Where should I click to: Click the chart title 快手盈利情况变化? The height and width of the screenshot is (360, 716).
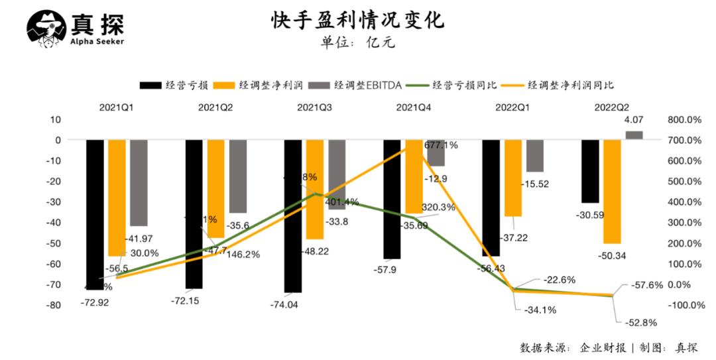click(x=357, y=20)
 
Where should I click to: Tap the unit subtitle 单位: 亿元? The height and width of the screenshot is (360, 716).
click(x=358, y=43)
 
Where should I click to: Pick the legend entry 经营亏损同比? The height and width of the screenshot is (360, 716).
click(x=465, y=85)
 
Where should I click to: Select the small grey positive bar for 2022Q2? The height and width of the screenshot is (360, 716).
click(x=634, y=135)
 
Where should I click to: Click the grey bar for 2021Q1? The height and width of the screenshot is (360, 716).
click(x=139, y=182)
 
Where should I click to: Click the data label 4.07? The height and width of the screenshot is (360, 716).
click(x=634, y=121)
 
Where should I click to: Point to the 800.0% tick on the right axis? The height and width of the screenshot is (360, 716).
click(x=685, y=120)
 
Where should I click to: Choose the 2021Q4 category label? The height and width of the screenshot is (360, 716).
click(x=414, y=106)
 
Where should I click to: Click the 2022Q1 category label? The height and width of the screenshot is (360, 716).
click(x=513, y=106)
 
